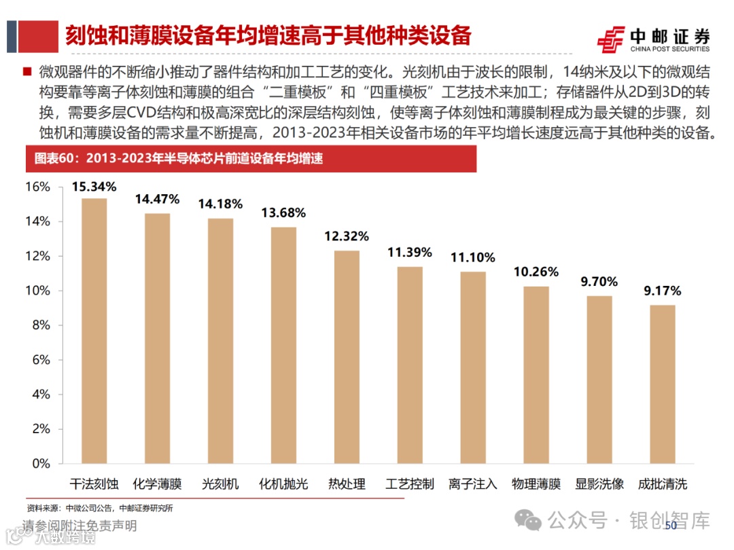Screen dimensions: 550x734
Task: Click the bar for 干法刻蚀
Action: pos(94,331)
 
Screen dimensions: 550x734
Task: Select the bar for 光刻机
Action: pos(220,341)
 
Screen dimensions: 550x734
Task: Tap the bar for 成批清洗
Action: pos(662,384)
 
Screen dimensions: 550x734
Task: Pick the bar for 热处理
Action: pos(347,357)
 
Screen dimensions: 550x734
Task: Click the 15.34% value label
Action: pos(94,186)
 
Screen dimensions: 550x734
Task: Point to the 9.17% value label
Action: pos(662,292)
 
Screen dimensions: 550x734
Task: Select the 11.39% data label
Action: pos(410,253)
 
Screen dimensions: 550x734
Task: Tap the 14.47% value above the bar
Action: pos(157,200)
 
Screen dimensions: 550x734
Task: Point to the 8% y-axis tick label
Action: pos(41,325)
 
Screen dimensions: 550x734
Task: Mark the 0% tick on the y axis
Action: pos(41,464)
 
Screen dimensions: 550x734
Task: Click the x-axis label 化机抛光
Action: pos(283,484)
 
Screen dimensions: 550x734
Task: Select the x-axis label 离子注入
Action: pos(473,484)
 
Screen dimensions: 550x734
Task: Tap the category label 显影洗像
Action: pos(599,484)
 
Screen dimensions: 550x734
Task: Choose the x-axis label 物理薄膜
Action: pos(536,484)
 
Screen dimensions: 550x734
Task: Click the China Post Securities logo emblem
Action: pos(611,39)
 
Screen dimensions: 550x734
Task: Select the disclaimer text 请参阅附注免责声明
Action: pos(79,526)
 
